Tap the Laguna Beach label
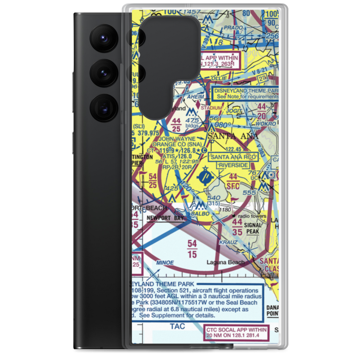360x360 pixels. click(x=226, y=262)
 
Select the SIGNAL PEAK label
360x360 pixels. click(x=253, y=229)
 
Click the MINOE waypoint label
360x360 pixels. click(x=165, y=262)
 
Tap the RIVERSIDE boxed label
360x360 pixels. click(x=233, y=165)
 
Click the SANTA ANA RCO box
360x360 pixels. click(x=233, y=157)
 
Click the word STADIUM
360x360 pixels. click(x=211, y=108)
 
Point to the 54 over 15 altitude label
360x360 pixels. click(x=192, y=248)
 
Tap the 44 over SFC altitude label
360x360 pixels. click(x=233, y=181)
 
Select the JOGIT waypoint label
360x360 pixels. click(x=235, y=111)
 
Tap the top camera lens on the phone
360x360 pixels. click(x=103, y=37)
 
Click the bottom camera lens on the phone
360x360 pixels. click(x=103, y=107)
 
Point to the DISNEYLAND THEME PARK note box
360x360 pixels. click(x=246, y=94)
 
